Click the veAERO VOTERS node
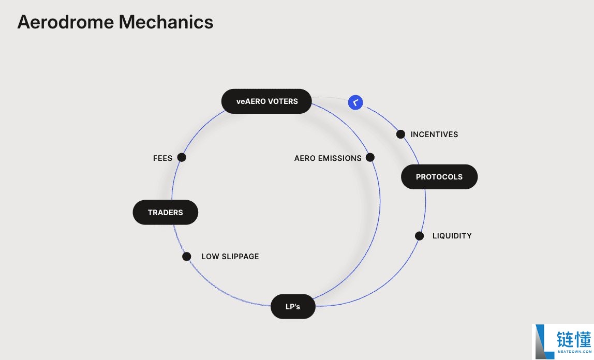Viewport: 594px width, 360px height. [x=267, y=101]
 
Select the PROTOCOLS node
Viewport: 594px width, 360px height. [x=439, y=177]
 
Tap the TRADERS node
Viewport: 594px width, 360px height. [x=166, y=212]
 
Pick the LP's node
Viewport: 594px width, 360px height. [x=293, y=307]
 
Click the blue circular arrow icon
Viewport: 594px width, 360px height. [x=355, y=102]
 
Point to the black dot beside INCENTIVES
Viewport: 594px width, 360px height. [x=400, y=134]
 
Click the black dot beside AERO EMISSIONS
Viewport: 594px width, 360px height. [x=370, y=158]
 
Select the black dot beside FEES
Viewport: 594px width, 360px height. [x=182, y=158]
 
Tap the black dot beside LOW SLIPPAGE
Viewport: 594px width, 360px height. [x=187, y=257]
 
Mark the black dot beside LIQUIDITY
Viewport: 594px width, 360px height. [x=420, y=236]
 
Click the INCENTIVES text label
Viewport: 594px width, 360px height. [x=434, y=134]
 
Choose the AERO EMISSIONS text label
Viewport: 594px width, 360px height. [x=328, y=158]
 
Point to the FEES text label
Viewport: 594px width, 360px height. [x=162, y=158]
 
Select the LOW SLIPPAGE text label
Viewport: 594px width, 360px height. [x=230, y=257]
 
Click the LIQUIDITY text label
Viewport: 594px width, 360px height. [x=452, y=236]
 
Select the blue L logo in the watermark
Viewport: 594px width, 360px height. [x=543, y=341]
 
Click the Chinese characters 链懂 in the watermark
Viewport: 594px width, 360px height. [x=573, y=339]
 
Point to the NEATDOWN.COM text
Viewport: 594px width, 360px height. [x=574, y=352]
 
